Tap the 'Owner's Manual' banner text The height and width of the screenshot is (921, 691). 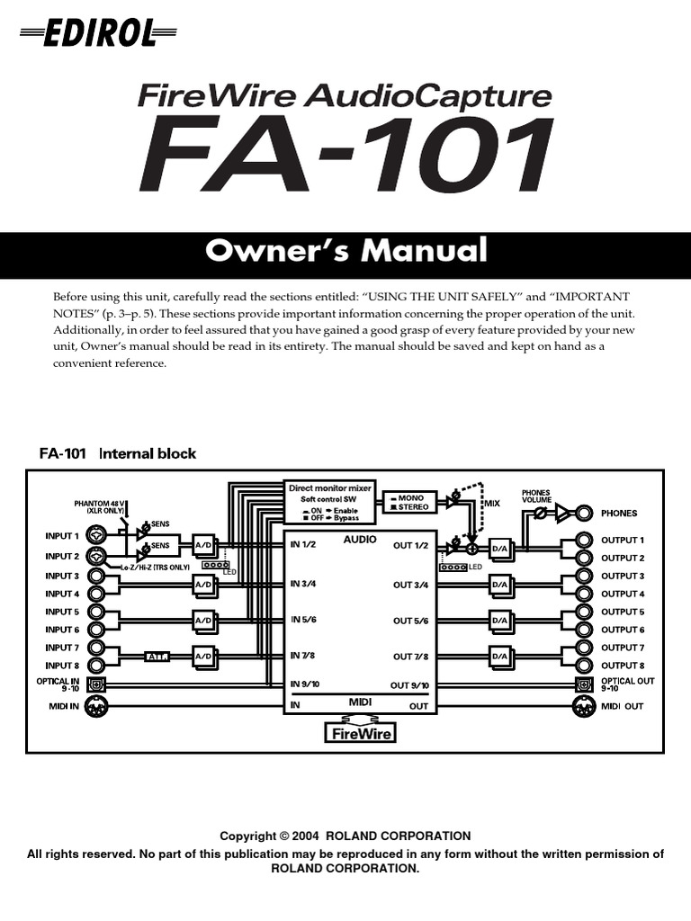coord(345,251)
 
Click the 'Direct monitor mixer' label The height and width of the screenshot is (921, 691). coord(329,488)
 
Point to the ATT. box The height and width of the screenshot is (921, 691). coord(159,657)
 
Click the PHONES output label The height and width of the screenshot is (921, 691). coord(619,514)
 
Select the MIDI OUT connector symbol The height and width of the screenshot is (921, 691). coord(584,706)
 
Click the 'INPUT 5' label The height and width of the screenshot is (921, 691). coord(62,612)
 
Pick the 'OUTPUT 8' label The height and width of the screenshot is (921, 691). coord(623,666)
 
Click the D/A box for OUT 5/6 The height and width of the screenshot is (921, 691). coord(500,621)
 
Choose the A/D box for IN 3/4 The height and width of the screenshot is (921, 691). coord(203,585)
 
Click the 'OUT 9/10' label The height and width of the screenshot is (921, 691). coord(409,685)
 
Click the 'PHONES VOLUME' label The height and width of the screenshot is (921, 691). coord(536,496)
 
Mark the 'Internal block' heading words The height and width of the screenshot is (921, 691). coord(148,454)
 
